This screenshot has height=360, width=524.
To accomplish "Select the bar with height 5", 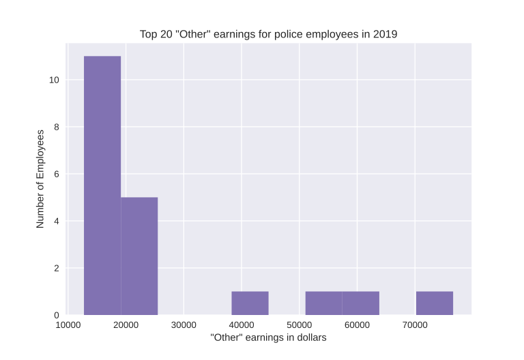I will coord(139,256).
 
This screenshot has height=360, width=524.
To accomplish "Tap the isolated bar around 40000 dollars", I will coord(250,303).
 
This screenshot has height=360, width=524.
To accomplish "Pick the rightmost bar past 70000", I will coord(435,303).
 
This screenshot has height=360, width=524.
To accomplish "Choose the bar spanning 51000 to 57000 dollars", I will coord(323,303).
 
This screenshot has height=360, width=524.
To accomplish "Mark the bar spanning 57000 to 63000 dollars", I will coord(360,303).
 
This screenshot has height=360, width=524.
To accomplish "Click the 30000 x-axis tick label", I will coord(184,325).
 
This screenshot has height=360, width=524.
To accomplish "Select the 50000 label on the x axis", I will coord(300,325).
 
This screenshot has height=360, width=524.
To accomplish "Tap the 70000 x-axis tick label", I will coord(416,325).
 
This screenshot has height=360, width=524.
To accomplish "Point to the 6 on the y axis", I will coord(57,175).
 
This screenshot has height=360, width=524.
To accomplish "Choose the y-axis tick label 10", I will coord(54,80).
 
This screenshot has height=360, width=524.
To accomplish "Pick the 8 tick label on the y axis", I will coord(57,127).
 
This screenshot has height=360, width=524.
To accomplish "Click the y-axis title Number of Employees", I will coord(40,179).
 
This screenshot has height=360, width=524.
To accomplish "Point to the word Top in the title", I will coord(149,33).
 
